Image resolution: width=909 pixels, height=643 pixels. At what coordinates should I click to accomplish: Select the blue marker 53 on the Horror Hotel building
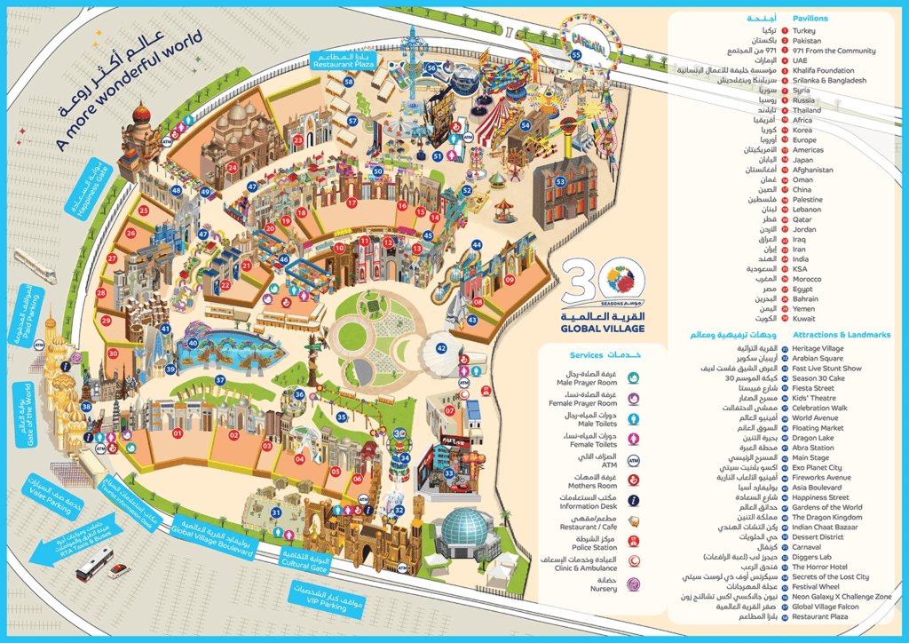pos(561,181)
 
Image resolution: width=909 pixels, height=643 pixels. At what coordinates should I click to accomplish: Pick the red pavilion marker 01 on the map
pos(178,433)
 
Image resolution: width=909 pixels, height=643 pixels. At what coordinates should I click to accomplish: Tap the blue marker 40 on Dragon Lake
pos(192,343)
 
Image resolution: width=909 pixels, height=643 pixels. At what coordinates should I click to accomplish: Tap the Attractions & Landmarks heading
pos(842,335)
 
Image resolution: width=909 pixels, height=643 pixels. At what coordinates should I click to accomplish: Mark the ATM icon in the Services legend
pos(634,460)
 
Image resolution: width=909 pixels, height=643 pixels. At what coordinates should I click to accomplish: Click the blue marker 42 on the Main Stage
pos(441,348)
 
